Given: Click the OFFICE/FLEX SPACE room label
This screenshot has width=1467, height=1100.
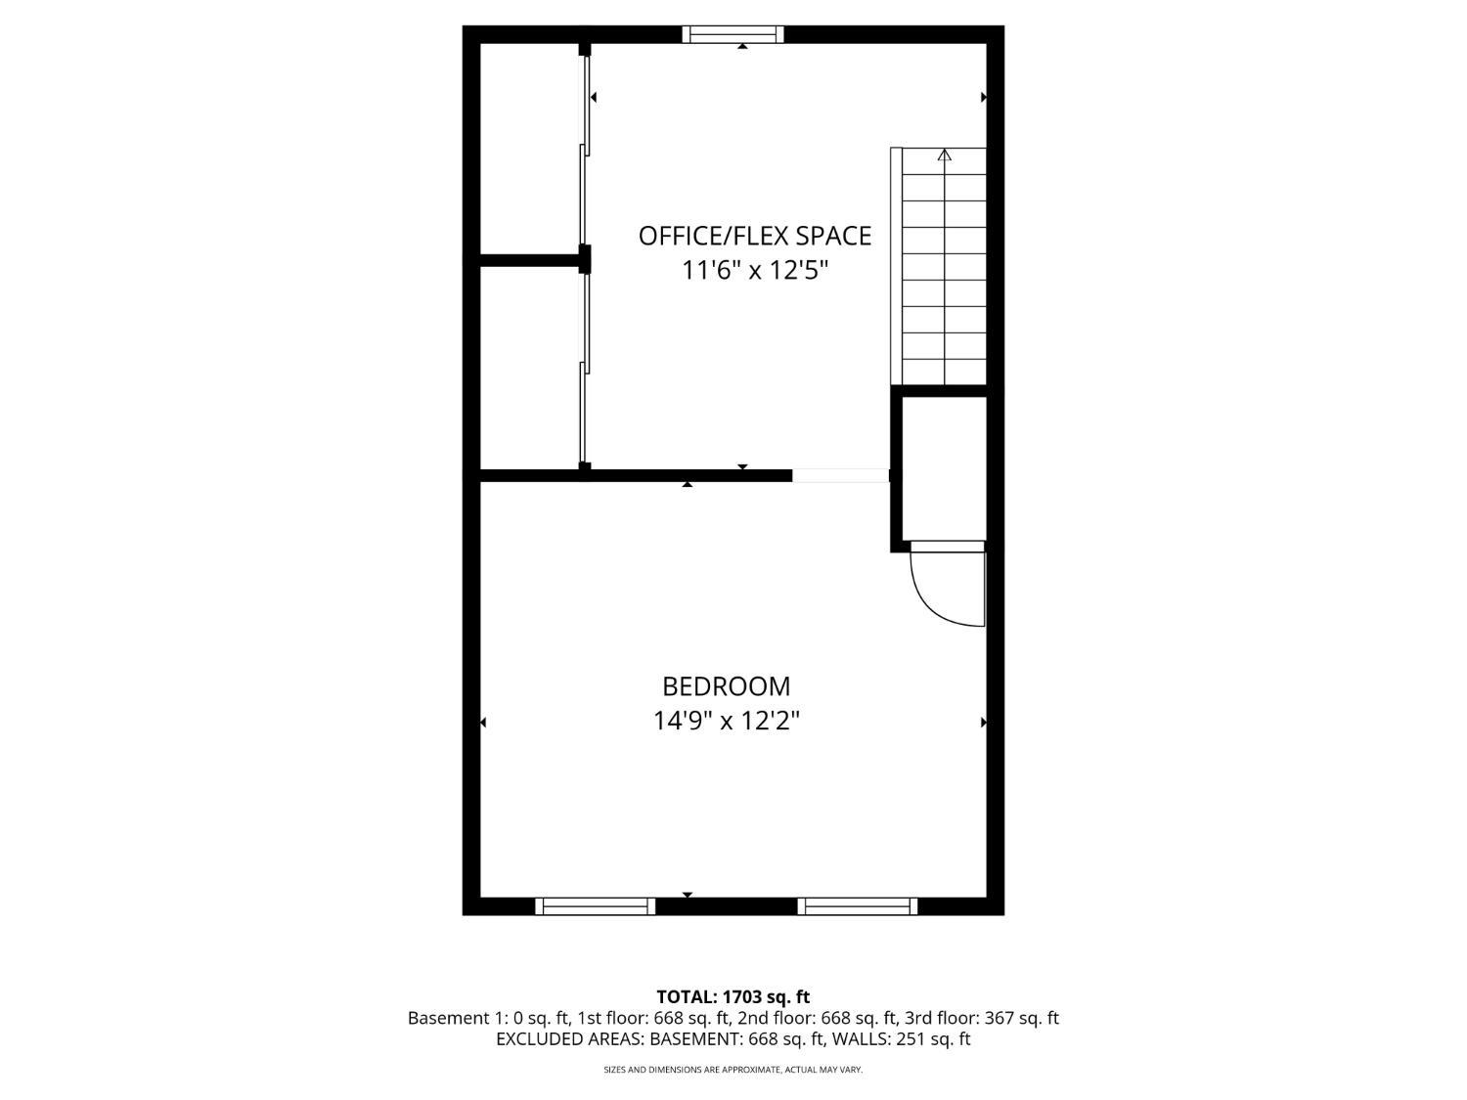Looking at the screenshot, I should (x=754, y=236).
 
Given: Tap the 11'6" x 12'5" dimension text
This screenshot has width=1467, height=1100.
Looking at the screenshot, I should (x=754, y=270).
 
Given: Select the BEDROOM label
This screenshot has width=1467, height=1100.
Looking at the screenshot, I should (x=726, y=686).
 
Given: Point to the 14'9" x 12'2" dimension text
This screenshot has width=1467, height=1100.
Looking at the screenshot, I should (x=726, y=722).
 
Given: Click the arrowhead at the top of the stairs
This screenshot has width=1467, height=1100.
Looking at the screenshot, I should (x=944, y=154).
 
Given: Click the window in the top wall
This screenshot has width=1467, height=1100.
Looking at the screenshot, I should (x=733, y=34).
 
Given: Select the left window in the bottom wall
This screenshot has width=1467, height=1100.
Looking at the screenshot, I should (x=595, y=906).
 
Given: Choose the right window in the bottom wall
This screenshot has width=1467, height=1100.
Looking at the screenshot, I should (x=857, y=906).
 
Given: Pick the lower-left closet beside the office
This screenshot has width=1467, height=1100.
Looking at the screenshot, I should (x=529, y=368).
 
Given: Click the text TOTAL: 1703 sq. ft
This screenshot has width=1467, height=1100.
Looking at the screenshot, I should (x=733, y=997).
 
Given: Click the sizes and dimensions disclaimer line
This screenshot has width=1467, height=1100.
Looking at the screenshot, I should (x=733, y=1071).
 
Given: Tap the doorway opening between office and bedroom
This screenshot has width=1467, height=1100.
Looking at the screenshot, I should (x=840, y=476).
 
